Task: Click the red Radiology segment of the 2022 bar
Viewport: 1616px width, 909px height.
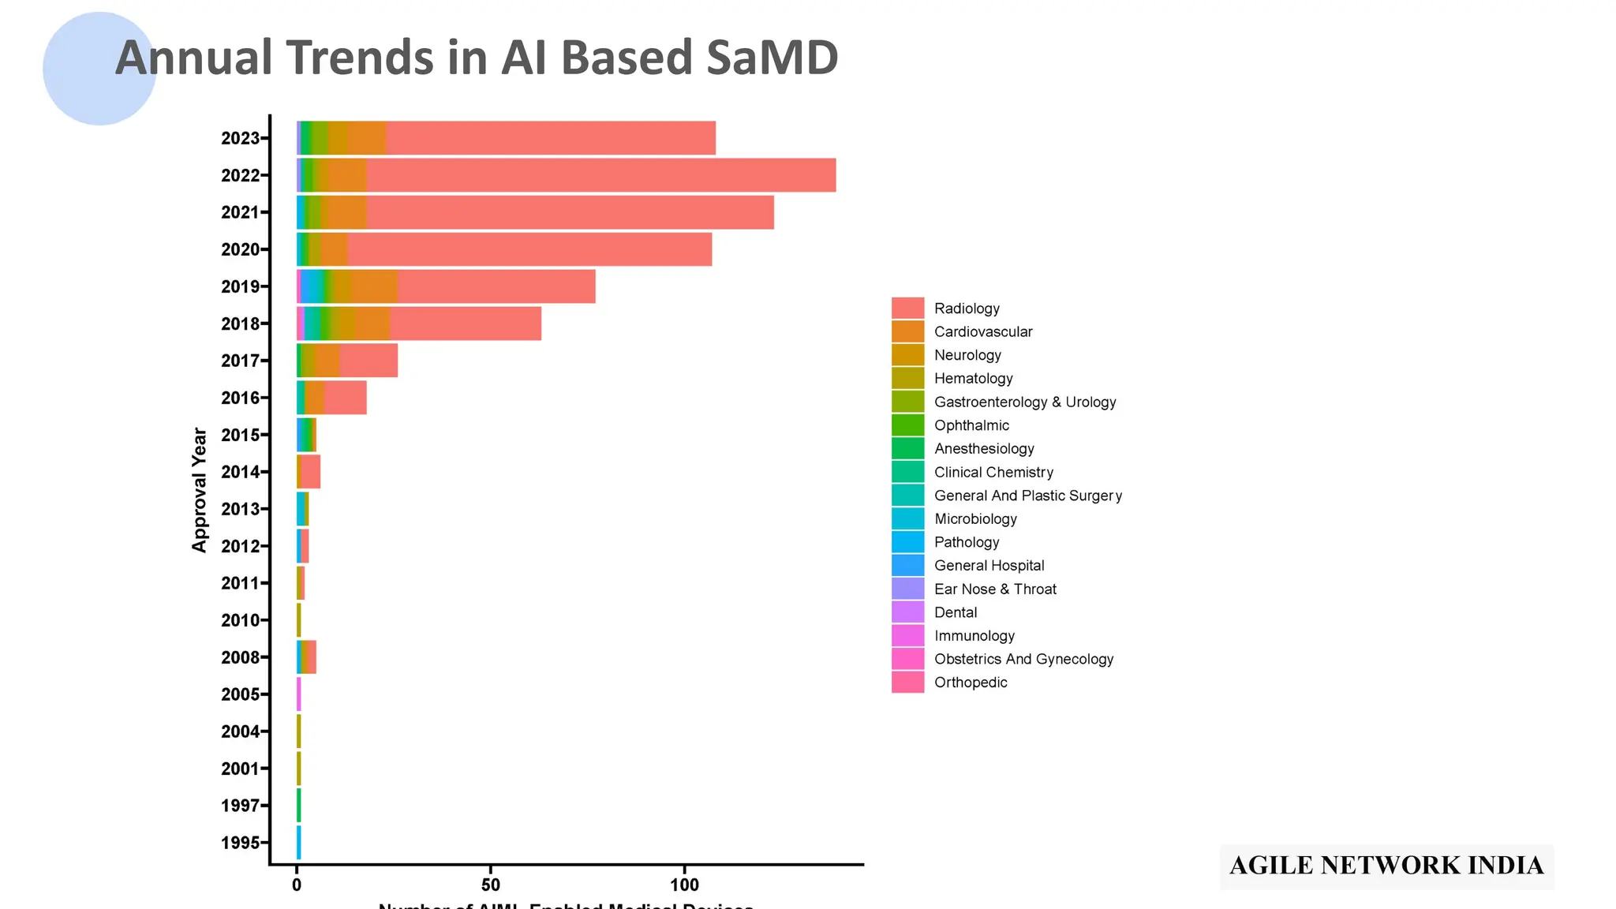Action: point(600,175)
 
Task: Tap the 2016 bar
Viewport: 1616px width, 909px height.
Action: point(331,398)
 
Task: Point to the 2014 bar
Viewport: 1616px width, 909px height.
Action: point(309,472)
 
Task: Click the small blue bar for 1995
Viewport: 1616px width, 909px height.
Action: point(298,842)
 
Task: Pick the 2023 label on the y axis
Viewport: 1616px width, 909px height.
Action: point(240,138)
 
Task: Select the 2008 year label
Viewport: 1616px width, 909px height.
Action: point(240,657)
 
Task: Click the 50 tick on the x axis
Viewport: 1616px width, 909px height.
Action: point(490,885)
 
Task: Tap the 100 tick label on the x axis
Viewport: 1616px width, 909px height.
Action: point(684,885)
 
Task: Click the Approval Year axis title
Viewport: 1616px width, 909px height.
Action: point(200,490)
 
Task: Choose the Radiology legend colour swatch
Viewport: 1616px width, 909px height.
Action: point(907,309)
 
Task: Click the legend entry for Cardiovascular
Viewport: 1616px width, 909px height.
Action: point(982,332)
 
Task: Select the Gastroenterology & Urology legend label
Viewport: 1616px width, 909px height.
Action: point(1024,402)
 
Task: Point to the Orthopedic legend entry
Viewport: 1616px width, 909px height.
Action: point(970,683)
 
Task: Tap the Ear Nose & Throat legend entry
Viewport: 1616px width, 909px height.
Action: point(994,589)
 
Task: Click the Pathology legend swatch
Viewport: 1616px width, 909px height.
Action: point(907,542)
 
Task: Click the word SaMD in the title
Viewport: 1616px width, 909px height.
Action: point(771,58)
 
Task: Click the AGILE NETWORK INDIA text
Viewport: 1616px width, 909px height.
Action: point(1386,866)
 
